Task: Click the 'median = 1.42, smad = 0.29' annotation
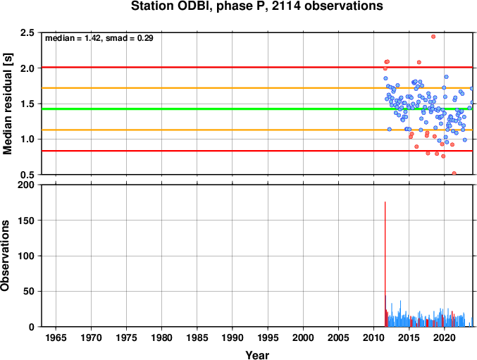tap(99, 38)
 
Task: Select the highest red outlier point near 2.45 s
tap(433, 37)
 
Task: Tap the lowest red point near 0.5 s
tap(454, 173)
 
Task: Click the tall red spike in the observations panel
tap(385, 264)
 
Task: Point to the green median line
tap(257, 109)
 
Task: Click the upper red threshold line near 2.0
tap(257, 67)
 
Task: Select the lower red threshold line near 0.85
tap(257, 151)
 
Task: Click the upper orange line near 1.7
tap(257, 88)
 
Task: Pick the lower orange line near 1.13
tap(257, 130)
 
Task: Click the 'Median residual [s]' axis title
tap(7, 104)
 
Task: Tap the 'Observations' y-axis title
tap(5, 256)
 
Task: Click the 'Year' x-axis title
tap(257, 355)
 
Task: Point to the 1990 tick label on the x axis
tap(232, 337)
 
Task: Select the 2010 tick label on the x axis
tap(373, 337)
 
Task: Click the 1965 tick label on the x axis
tap(56, 337)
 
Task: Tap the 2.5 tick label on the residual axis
tap(27, 32)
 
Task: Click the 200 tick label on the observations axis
tap(26, 185)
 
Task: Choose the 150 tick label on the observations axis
tap(26, 221)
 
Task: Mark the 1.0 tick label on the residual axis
tap(27, 139)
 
